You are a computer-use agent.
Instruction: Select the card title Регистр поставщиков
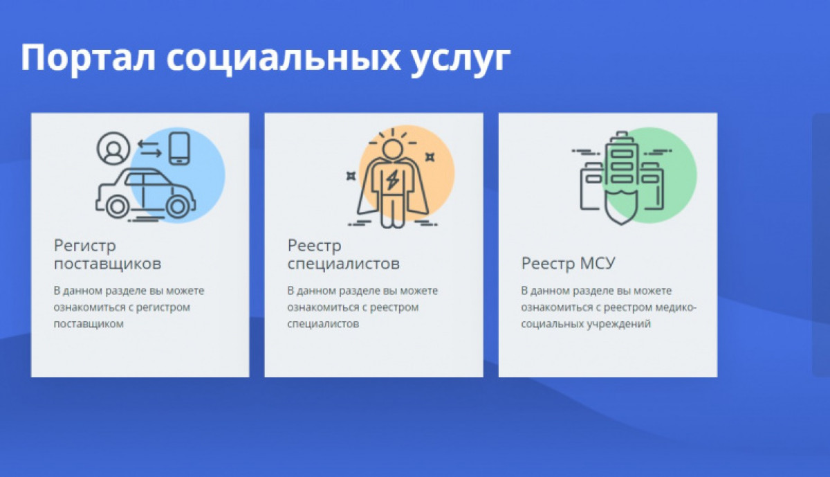click(107, 254)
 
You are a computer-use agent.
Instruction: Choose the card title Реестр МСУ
click(568, 263)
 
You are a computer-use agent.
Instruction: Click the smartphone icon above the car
click(179, 147)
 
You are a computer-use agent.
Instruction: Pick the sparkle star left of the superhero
click(351, 176)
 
